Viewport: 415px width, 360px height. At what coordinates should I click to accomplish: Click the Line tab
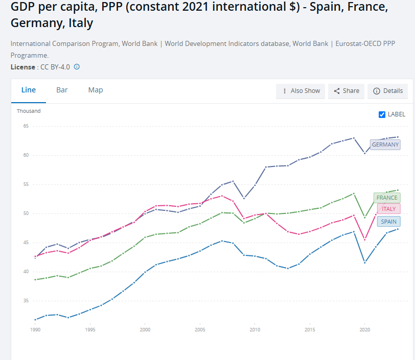pos(29,90)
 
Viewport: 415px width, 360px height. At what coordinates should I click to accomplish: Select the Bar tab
pos(62,90)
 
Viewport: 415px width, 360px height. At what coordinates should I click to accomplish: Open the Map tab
pos(96,90)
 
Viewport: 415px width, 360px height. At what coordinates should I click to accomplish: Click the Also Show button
pos(301,91)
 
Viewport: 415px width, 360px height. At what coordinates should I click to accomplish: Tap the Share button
pos(346,91)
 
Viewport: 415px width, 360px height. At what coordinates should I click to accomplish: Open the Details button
pos(387,91)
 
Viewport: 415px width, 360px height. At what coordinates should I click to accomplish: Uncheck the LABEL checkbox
pos(382,114)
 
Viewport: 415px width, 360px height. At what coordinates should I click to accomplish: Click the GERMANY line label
pos(385,145)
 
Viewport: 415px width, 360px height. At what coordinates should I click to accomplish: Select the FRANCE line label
pos(386,198)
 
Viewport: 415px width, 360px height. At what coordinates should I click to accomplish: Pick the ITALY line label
pos(388,209)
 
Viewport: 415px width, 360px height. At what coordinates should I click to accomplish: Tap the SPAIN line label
pos(388,222)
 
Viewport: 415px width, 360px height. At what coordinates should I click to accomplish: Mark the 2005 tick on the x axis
pos(200,330)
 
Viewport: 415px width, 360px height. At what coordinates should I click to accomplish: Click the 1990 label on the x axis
pos(35,330)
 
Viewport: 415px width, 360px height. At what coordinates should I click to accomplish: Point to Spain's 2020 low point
pos(365,262)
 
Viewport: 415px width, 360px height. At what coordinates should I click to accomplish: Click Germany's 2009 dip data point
pos(244,198)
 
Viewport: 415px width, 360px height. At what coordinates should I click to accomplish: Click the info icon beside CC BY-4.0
pos(77,67)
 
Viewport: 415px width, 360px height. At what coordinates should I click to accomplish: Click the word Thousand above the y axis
pos(29,111)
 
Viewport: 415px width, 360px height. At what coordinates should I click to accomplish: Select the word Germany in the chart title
pos(33,24)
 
